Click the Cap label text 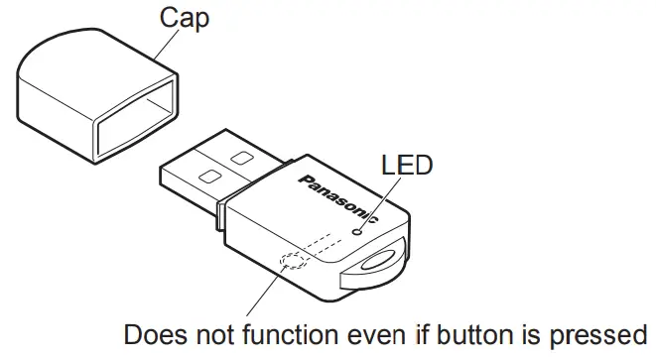tap(185, 18)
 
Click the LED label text tap(408, 164)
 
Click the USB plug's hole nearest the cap tap(208, 176)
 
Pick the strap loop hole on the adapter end tap(383, 262)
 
